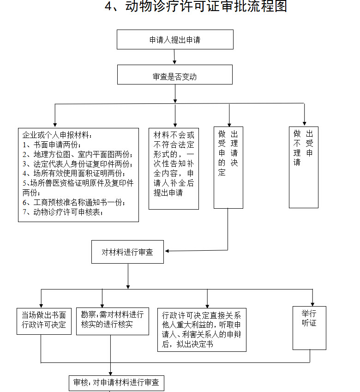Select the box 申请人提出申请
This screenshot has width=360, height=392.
[x=174, y=40]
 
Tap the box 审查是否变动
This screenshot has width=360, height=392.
[x=174, y=75]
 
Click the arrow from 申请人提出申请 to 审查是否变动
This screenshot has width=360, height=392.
[x=174, y=56]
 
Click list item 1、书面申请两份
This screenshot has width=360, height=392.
[x=51, y=145]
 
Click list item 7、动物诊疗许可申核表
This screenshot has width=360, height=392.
[x=63, y=212]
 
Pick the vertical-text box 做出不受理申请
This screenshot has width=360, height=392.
[x=303, y=167]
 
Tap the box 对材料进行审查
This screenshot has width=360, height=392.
[x=127, y=252]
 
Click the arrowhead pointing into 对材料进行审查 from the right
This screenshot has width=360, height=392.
[x=167, y=251]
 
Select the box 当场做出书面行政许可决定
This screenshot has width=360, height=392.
[x=44, y=320]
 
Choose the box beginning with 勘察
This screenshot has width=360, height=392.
[x=112, y=320]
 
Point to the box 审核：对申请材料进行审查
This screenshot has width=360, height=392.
[x=116, y=383]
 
